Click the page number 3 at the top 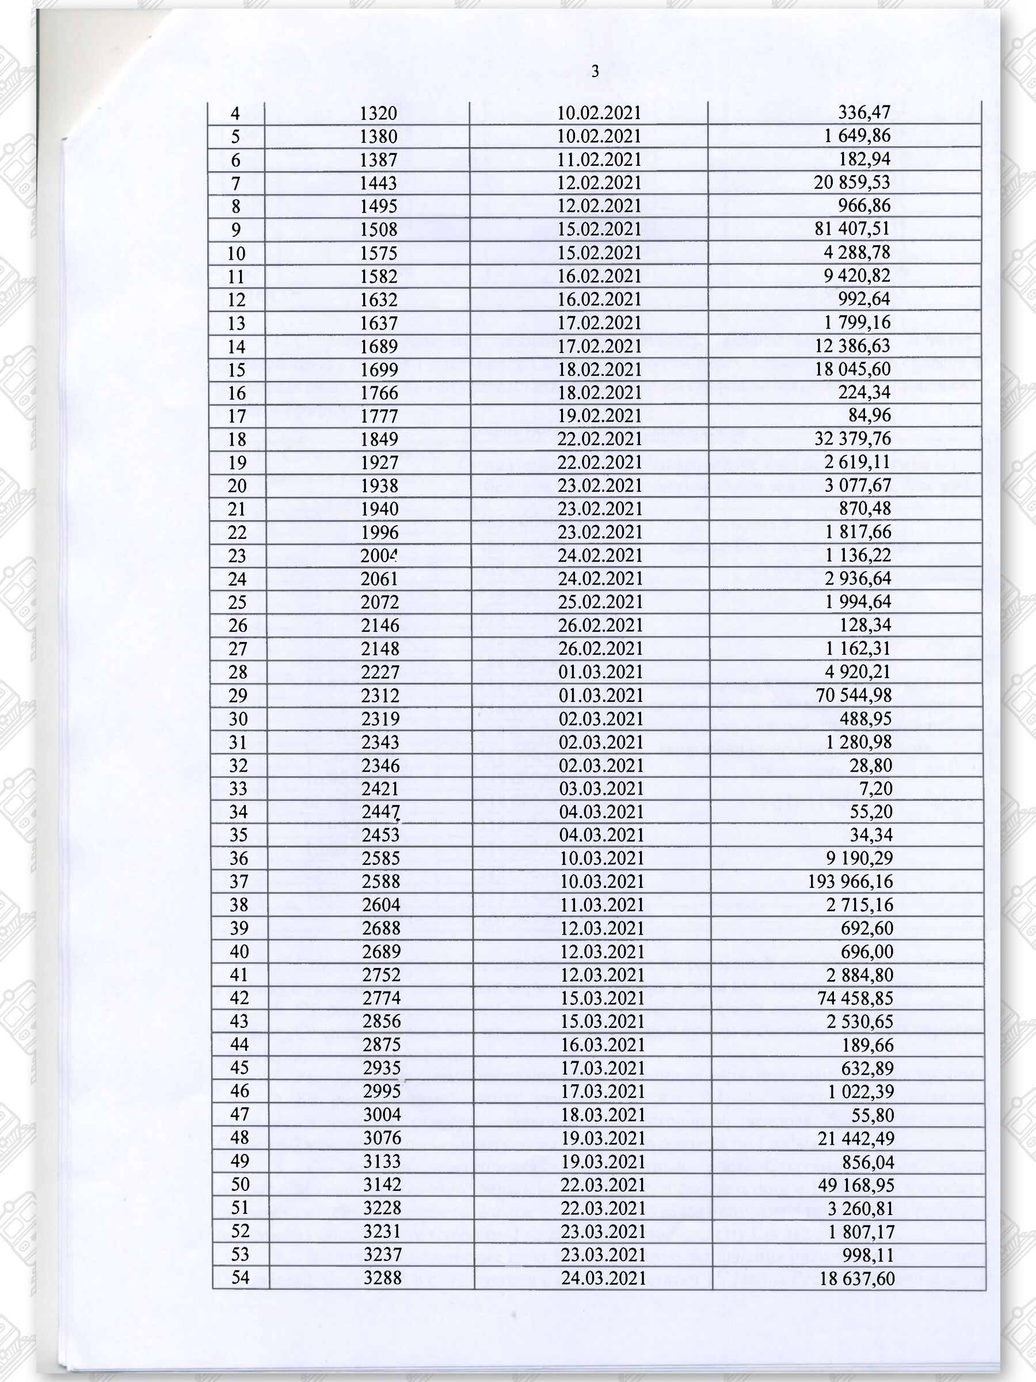point(595,71)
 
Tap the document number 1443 point(379,183)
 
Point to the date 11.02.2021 point(599,160)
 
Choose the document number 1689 point(379,346)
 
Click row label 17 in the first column point(237,416)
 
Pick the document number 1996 point(380,532)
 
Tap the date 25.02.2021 point(600,602)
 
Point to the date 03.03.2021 point(601,788)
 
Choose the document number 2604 point(381,905)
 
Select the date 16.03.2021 point(602,1045)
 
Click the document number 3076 point(382,1138)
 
